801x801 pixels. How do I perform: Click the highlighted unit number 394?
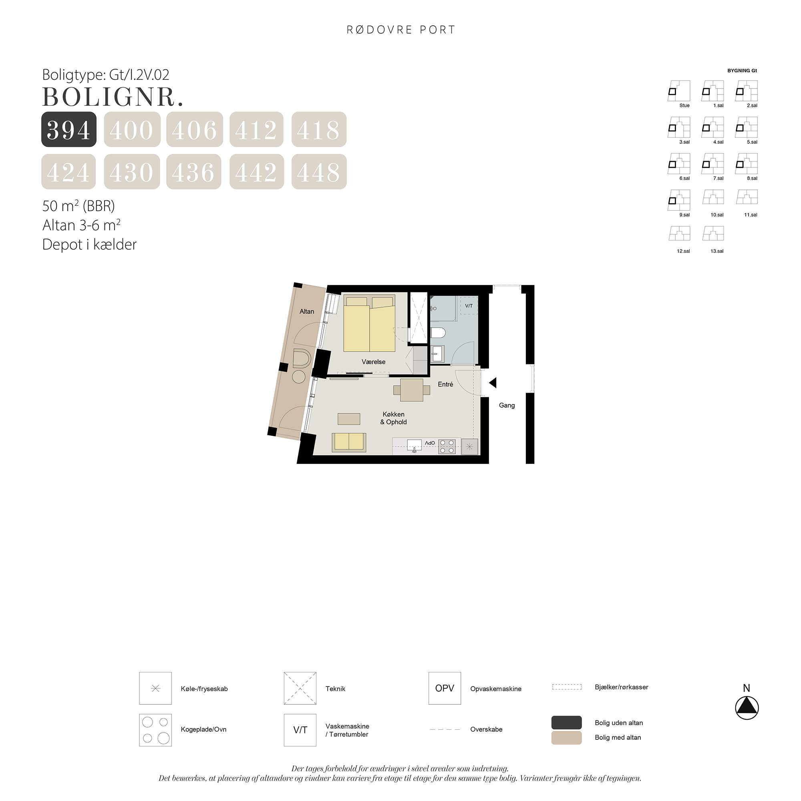pos(69,129)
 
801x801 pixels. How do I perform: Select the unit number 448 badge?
pos(319,172)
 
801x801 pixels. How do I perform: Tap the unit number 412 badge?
pos(256,129)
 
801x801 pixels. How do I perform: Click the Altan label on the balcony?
pos(307,312)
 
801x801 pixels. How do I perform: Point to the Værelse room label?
pos(374,362)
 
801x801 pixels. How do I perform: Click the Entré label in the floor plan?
pos(446,384)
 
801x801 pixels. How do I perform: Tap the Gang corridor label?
pos(507,405)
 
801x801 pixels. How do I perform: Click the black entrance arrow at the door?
pos(493,382)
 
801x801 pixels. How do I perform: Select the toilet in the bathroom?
pos(438,332)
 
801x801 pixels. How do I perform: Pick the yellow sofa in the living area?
pos(349,442)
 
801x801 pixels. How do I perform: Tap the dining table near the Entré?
pos(412,390)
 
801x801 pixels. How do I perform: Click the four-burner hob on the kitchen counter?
pos(447,446)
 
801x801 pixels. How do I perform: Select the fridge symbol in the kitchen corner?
pos(469,447)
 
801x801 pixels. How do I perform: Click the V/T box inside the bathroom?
pos(469,306)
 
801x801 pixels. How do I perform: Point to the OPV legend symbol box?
pos(445,688)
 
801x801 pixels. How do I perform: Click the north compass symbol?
pos(747,708)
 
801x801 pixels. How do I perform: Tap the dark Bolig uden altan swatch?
pos(566,723)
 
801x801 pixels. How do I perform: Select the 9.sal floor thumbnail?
pos(679,200)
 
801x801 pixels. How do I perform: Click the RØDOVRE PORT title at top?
pos(401,30)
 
